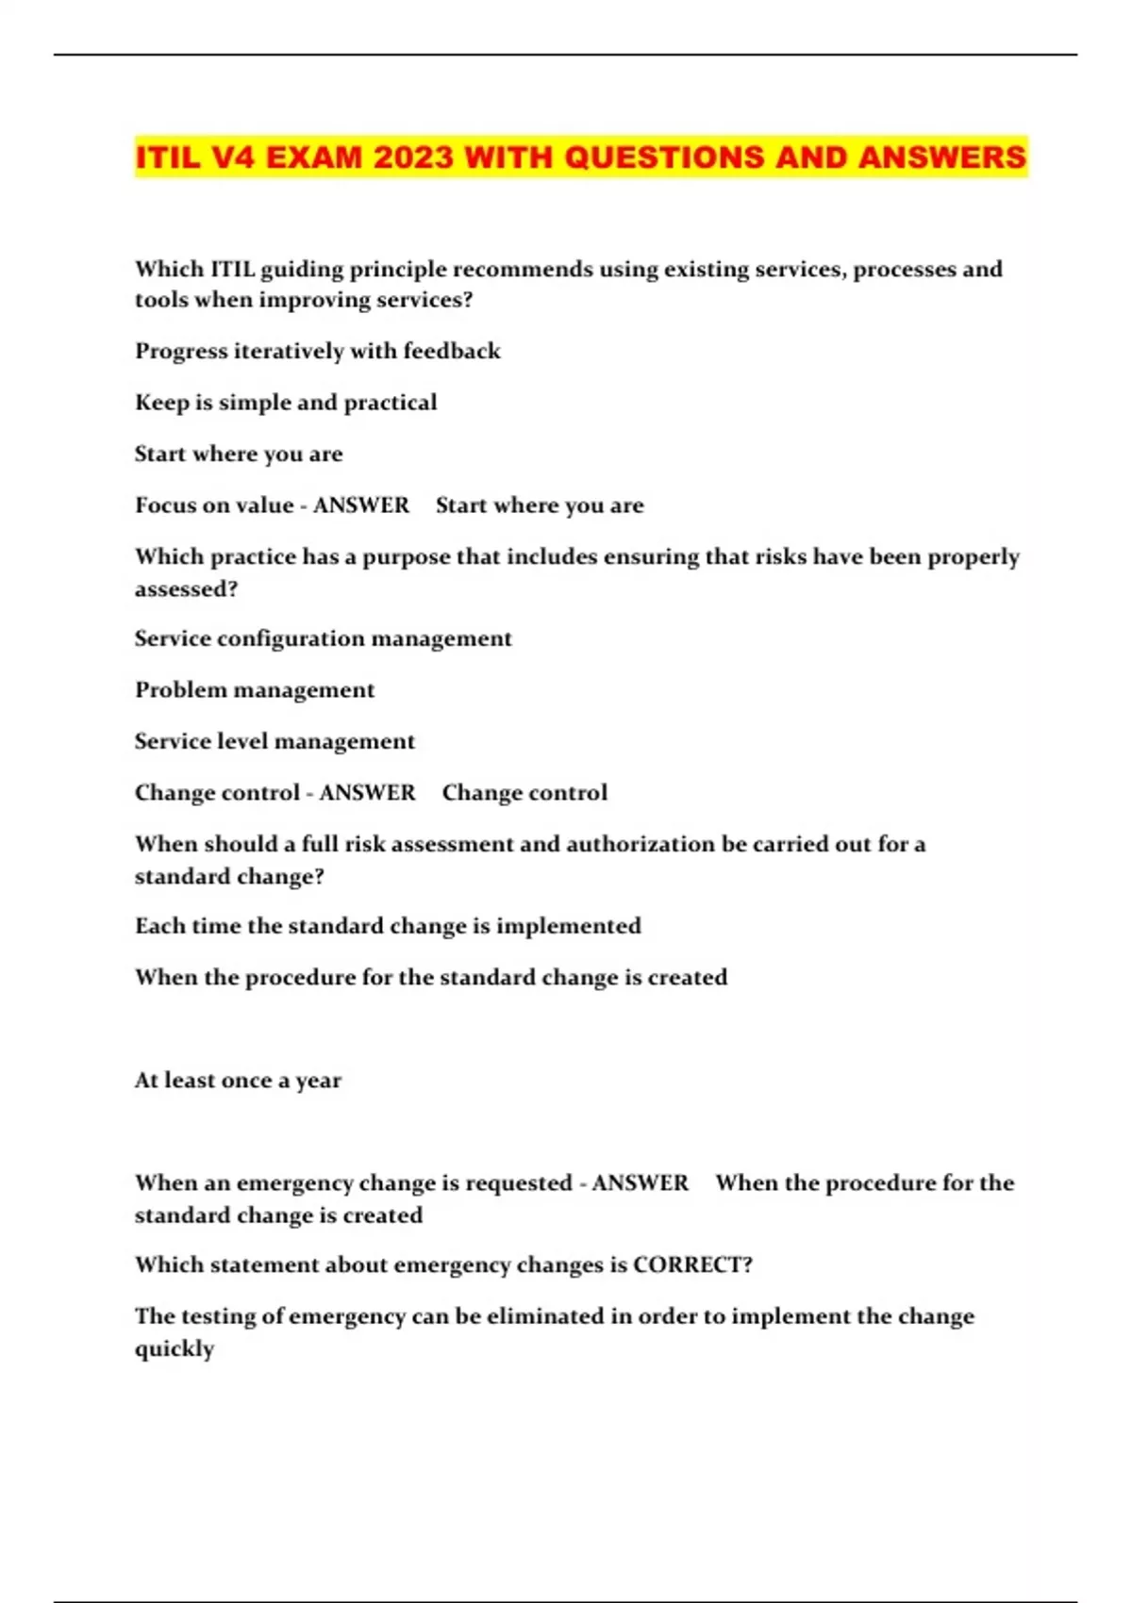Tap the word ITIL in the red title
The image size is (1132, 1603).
pos(168,157)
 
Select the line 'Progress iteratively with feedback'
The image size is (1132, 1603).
pos(317,352)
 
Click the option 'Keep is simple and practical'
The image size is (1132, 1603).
pos(286,403)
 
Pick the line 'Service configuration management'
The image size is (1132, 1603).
pos(323,639)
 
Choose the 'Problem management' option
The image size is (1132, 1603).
pos(255,690)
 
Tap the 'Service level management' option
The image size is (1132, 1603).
pos(275,742)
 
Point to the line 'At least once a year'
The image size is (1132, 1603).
pos(238,1081)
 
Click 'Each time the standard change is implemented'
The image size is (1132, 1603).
pos(388,926)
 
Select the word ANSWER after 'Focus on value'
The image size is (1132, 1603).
pos(361,505)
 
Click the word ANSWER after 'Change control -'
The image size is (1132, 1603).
pos(367,793)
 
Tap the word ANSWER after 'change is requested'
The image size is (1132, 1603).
pos(640,1183)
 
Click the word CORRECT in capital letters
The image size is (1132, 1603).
pos(692,1264)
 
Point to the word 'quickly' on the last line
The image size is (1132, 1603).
pos(175,1349)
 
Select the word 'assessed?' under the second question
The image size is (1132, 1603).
pos(186,589)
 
